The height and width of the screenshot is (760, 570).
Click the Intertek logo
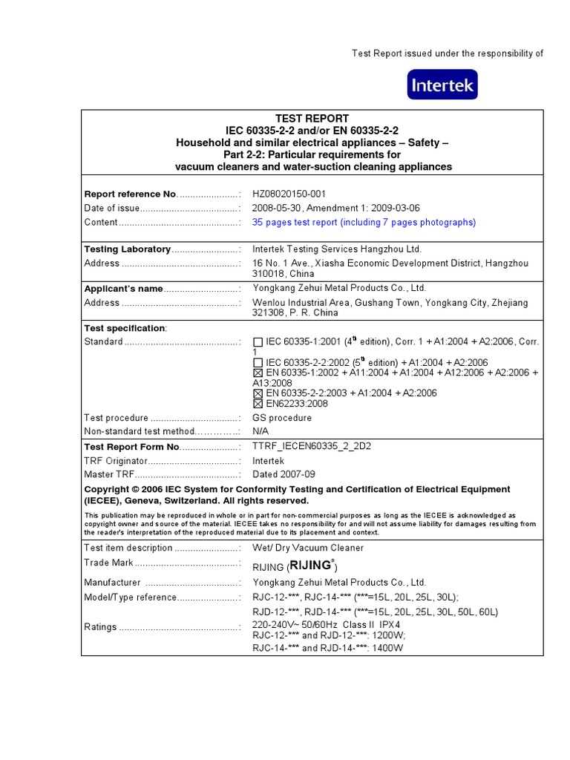(x=442, y=85)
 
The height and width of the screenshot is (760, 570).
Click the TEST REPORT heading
(x=312, y=119)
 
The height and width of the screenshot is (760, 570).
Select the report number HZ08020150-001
(x=289, y=194)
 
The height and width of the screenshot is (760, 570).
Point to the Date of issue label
(x=111, y=209)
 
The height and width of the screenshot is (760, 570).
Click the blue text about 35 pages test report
(x=364, y=223)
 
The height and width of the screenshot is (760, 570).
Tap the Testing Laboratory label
(x=127, y=249)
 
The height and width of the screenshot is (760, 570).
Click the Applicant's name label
(x=123, y=289)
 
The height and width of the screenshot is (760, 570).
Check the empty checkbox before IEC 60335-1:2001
(x=258, y=342)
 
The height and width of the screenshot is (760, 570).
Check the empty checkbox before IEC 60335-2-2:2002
(x=258, y=362)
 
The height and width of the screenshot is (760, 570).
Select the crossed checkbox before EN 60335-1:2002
(x=258, y=373)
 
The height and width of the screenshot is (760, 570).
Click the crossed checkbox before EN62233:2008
(x=258, y=404)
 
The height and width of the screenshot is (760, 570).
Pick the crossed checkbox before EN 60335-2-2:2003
(x=258, y=393)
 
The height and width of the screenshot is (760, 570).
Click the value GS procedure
(x=282, y=418)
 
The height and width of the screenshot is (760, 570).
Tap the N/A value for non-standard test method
(x=261, y=431)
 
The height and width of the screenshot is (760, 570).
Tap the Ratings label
(x=100, y=627)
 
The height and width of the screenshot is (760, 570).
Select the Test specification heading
(x=125, y=328)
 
